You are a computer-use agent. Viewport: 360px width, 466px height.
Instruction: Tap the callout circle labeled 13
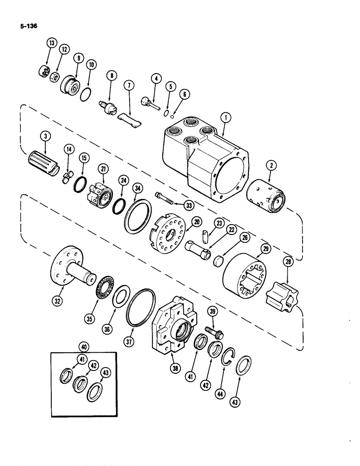point(51,43)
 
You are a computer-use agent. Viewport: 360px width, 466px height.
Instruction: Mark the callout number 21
point(102,169)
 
